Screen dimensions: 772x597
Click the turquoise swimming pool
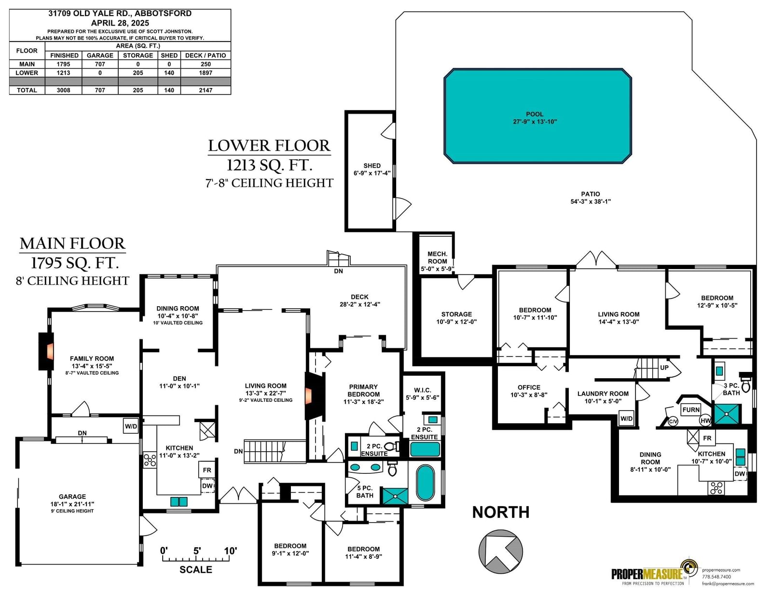(537, 116)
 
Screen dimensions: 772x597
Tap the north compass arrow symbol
(500, 551)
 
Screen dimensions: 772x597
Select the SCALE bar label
(196, 569)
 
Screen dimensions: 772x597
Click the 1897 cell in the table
(206, 73)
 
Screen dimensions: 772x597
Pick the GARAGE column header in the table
(100, 56)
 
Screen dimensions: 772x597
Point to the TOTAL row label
(27, 90)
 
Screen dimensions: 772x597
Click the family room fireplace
(46, 351)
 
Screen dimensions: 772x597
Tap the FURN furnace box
(690, 410)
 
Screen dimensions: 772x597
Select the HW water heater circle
(705, 421)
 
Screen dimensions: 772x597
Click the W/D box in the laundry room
(626, 418)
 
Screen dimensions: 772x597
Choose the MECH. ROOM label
(437, 257)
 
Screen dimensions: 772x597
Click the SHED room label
(372, 166)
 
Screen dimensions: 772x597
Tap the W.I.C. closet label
(423, 390)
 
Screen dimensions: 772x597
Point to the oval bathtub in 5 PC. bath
(425, 482)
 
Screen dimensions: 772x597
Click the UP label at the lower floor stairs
(664, 368)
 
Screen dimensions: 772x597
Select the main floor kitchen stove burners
(150, 460)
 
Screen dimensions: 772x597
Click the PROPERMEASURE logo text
(647, 574)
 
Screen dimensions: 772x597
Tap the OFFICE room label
(529, 387)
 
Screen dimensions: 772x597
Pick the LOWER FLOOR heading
(269, 146)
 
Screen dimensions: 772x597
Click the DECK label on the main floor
(359, 297)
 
